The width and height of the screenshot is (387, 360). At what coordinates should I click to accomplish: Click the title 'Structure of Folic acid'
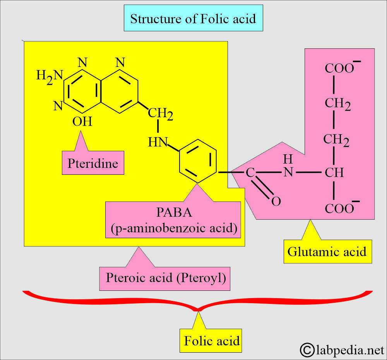(193, 18)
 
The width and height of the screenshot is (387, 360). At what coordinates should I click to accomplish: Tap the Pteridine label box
(92, 163)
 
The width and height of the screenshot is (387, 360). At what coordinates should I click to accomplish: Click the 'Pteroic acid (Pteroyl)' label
(166, 278)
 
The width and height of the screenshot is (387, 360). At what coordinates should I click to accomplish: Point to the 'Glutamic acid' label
(327, 252)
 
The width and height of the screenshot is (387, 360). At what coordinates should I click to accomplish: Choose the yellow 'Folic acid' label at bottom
(212, 341)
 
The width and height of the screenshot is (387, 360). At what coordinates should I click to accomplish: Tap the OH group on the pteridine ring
(82, 122)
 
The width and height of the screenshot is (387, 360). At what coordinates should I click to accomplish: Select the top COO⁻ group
(340, 68)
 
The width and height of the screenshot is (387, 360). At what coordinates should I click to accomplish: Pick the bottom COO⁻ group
(340, 208)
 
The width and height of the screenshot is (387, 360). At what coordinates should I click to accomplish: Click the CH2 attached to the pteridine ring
(161, 114)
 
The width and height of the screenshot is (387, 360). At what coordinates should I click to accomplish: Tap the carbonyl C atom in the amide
(250, 172)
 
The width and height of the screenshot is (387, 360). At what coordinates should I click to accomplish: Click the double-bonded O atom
(276, 201)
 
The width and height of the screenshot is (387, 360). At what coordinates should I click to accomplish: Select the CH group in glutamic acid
(334, 172)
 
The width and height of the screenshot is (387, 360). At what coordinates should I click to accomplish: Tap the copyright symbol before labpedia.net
(308, 350)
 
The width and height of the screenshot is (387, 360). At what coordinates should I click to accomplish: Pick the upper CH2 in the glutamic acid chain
(337, 104)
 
